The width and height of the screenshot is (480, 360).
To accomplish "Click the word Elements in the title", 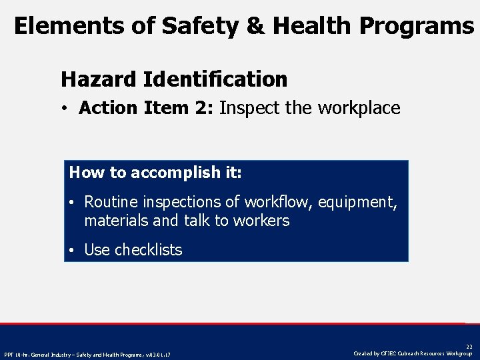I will pos(59,25).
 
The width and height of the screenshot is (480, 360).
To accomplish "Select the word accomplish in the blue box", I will pos(175,173).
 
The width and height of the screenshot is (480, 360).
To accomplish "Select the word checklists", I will pos(148,250).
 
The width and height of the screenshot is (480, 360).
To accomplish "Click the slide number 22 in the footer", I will pos(469,347).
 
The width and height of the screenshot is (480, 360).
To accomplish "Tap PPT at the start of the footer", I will pos(9,354).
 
